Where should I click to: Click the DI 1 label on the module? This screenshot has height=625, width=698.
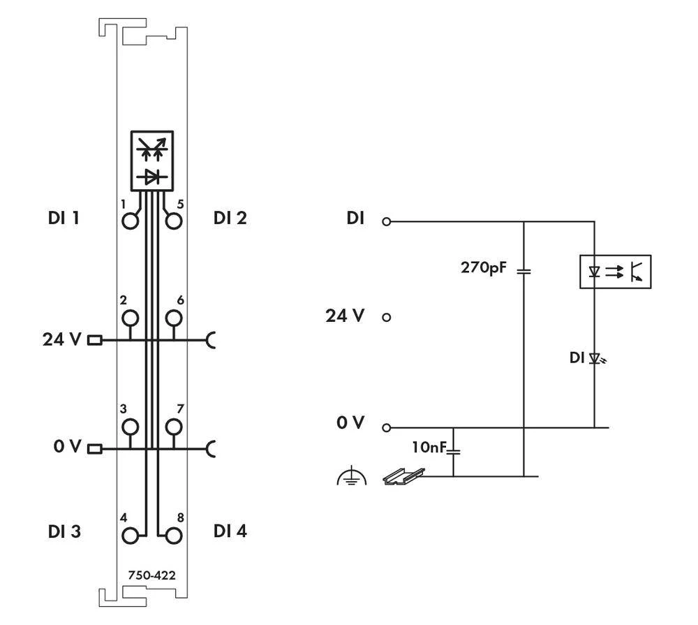click(64, 218)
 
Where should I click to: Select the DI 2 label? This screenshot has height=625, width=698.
click(230, 218)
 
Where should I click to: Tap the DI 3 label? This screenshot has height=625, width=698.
click(64, 531)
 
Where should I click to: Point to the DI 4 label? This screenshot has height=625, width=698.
click(230, 531)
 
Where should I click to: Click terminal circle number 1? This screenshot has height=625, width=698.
click(130, 221)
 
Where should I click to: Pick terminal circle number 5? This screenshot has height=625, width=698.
click(174, 221)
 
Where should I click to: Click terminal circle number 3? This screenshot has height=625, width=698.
click(130, 427)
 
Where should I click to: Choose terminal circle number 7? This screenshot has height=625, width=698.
click(174, 427)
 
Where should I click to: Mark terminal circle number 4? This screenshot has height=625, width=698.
click(130, 536)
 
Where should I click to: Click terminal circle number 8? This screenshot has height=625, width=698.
click(174, 536)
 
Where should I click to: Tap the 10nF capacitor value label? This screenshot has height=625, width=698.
click(430, 448)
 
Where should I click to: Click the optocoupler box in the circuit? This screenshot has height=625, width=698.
click(615, 272)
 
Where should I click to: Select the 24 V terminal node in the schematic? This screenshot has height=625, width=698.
click(386, 317)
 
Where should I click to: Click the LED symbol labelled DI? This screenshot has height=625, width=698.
click(595, 359)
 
